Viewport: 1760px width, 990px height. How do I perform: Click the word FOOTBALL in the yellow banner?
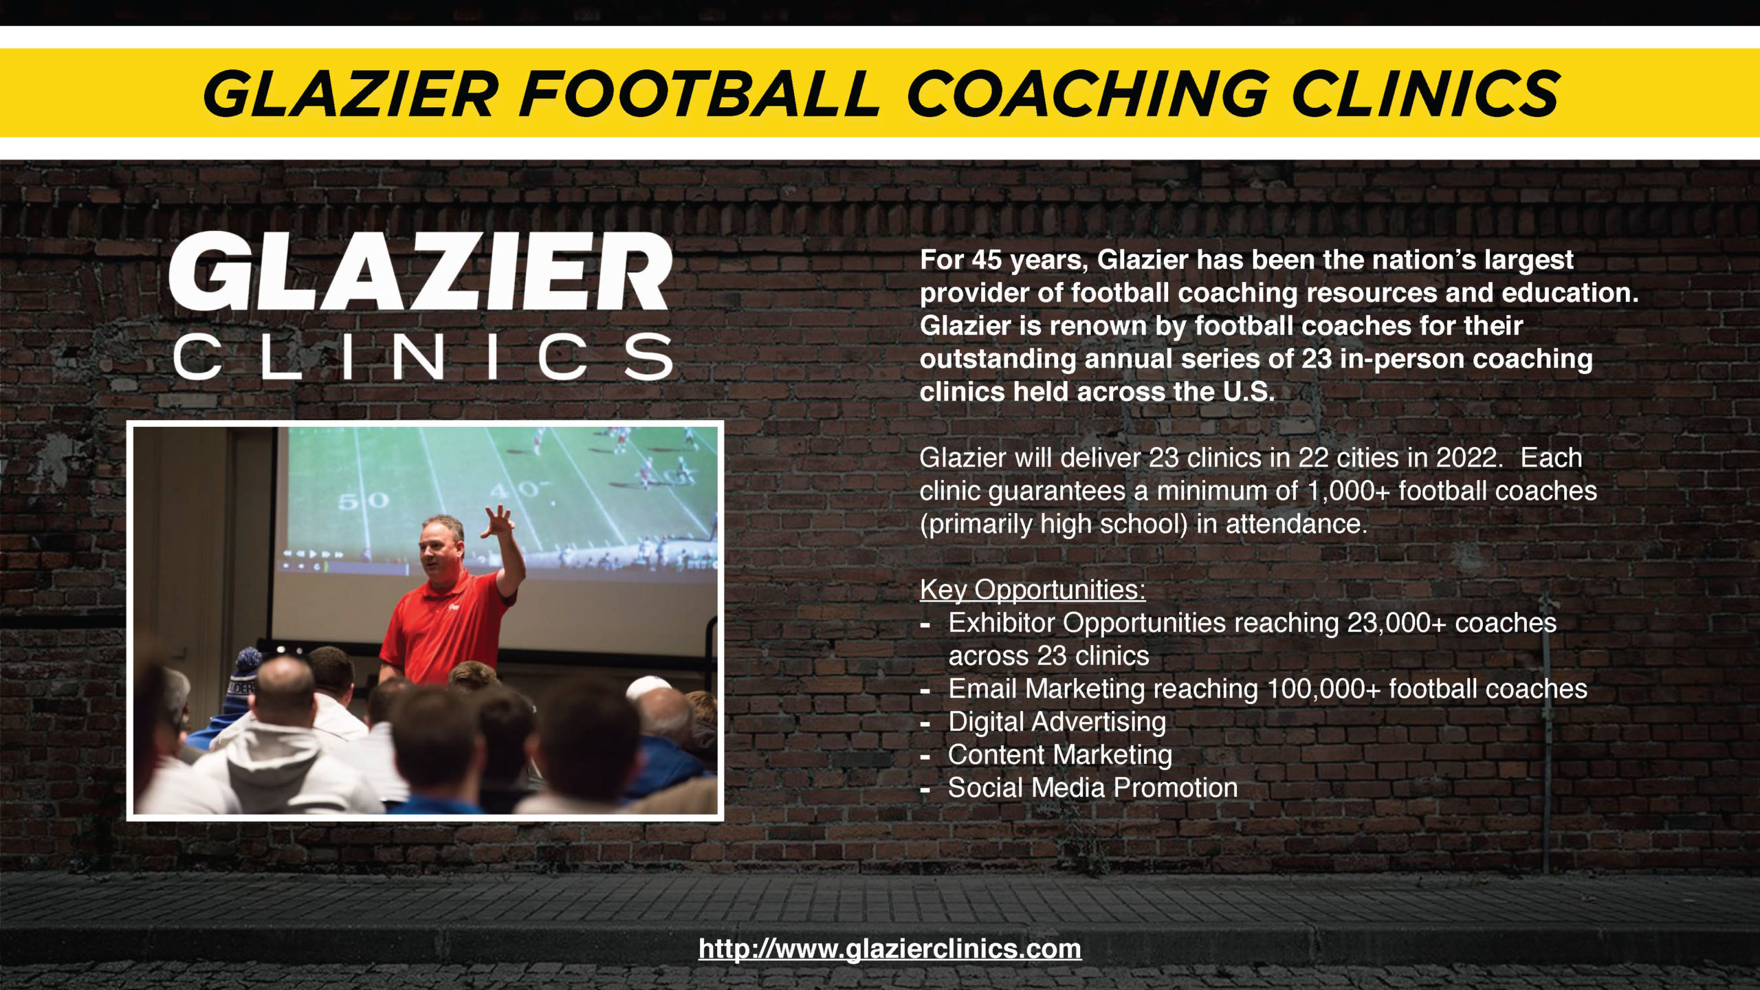click(x=698, y=93)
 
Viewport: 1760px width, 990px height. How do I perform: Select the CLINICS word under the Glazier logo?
click(x=422, y=356)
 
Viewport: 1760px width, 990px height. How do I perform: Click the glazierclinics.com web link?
click(x=890, y=949)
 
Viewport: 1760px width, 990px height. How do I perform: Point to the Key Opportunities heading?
click(x=1033, y=590)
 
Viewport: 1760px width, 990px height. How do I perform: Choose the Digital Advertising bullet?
click(x=1057, y=722)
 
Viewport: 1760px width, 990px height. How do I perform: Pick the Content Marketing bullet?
click(x=1059, y=755)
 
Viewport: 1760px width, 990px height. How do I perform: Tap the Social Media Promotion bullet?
click(x=1092, y=788)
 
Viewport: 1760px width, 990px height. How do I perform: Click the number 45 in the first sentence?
click(x=987, y=260)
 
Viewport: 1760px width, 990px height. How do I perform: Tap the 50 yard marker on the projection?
click(x=364, y=500)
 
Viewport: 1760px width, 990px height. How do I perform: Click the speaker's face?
click(x=440, y=551)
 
